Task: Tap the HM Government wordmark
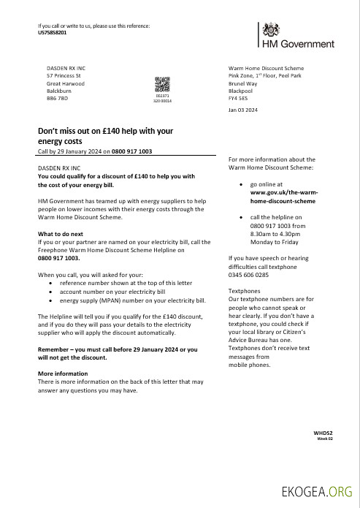tap(298, 44)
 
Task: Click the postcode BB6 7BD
tap(57, 98)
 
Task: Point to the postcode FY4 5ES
tap(239, 97)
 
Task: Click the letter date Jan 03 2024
tap(242, 110)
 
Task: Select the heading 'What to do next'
tap(61, 234)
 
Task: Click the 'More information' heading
tap(63, 374)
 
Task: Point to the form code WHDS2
tap(322, 433)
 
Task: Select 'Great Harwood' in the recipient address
tap(66, 83)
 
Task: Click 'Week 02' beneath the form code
tap(324, 439)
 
